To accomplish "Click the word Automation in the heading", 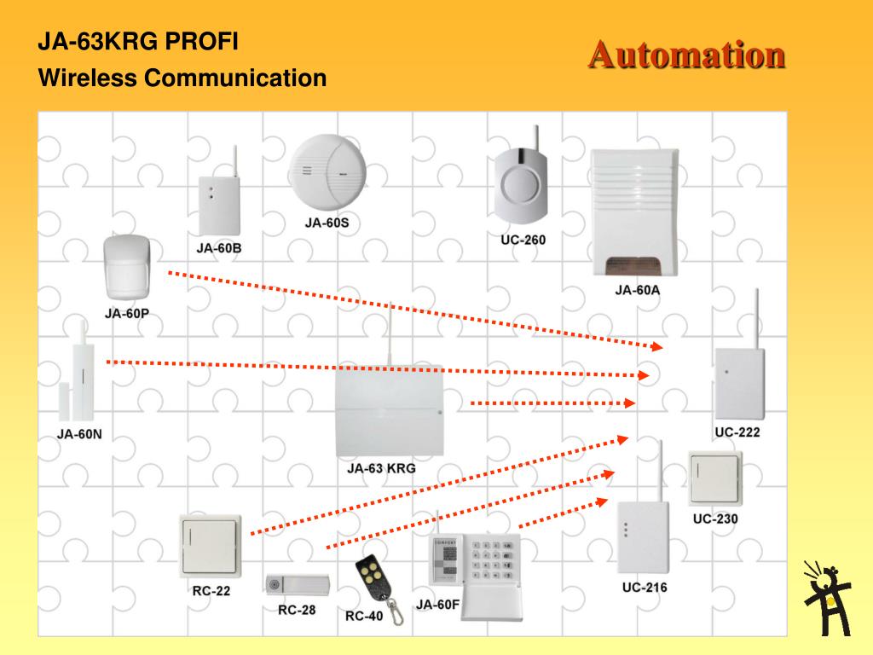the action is click(686, 55).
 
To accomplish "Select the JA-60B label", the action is click(219, 248).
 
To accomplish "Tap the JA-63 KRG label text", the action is click(381, 468).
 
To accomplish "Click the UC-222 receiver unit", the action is click(738, 382).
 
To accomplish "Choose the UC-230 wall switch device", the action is click(714, 478).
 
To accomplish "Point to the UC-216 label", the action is click(644, 587).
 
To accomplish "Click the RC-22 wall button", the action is click(211, 544).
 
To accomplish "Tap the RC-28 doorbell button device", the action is click(296, 586).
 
